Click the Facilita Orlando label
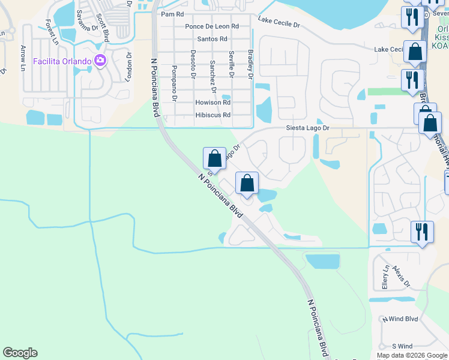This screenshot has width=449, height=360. pos(62,61)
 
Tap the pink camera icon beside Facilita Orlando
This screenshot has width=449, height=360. pos(100,61)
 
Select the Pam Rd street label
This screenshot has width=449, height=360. pos(172,14)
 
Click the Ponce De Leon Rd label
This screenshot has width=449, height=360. pos(212,26)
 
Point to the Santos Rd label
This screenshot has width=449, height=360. pos(212,39)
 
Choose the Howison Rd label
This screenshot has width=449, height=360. pos(212,103)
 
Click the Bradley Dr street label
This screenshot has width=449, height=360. pos(250,64)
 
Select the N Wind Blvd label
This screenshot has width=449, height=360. pos(403,319)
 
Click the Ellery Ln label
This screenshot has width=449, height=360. pos(385,277)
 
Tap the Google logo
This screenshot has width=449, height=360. pos(20,353)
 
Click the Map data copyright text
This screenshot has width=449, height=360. pos(411,355)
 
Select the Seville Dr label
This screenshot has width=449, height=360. pos(231,64)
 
